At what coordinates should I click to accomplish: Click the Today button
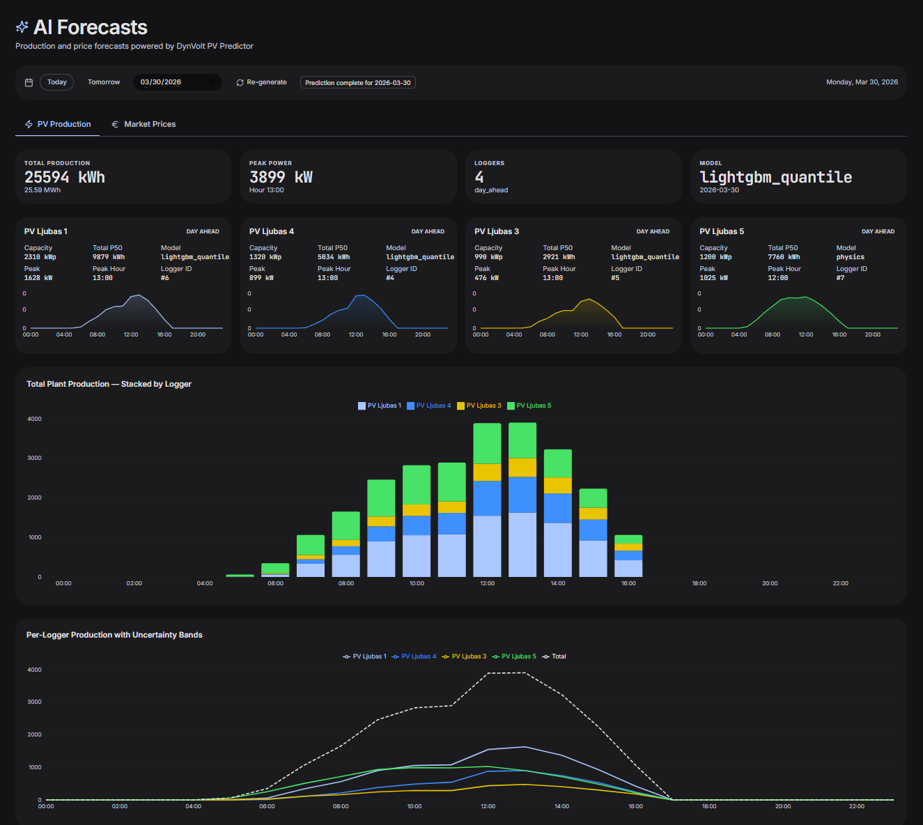tap(56, 82)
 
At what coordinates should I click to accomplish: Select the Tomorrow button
tap(104, 82)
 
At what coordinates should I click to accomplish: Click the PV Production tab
tap(63, 124)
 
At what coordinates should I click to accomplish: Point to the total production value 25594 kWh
tap(65, 177)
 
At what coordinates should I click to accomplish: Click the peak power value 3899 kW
tap(281, 177)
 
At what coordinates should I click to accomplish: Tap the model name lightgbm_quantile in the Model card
tap(775, 177)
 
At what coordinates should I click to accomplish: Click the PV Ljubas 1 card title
tap(46, 231)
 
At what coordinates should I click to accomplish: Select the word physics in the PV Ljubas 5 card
tap(850, 257)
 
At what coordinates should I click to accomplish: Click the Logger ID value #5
tap(615, 278)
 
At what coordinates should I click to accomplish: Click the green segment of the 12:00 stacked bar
tap(487, 442)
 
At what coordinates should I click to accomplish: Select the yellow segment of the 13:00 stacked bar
tap(522, 467)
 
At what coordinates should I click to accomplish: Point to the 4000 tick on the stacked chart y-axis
tap(34, 419)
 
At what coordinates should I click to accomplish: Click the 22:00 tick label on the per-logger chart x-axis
tap(856, 806)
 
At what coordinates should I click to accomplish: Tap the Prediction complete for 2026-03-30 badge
tap(357, 82)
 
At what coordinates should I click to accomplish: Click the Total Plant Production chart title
tap(109, 384)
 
